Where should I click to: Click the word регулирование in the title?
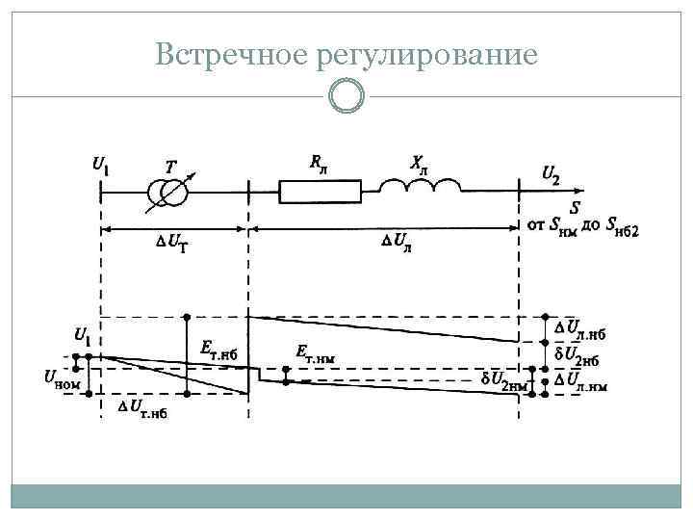pos(424,56)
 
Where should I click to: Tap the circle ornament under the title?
pos(346,95)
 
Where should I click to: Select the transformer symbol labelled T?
pos(169,193)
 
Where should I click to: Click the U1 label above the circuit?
pos(100,166)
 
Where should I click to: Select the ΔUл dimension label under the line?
pos(398,241)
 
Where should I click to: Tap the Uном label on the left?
pos(62,382)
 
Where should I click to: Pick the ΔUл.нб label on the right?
pos(579,330)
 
